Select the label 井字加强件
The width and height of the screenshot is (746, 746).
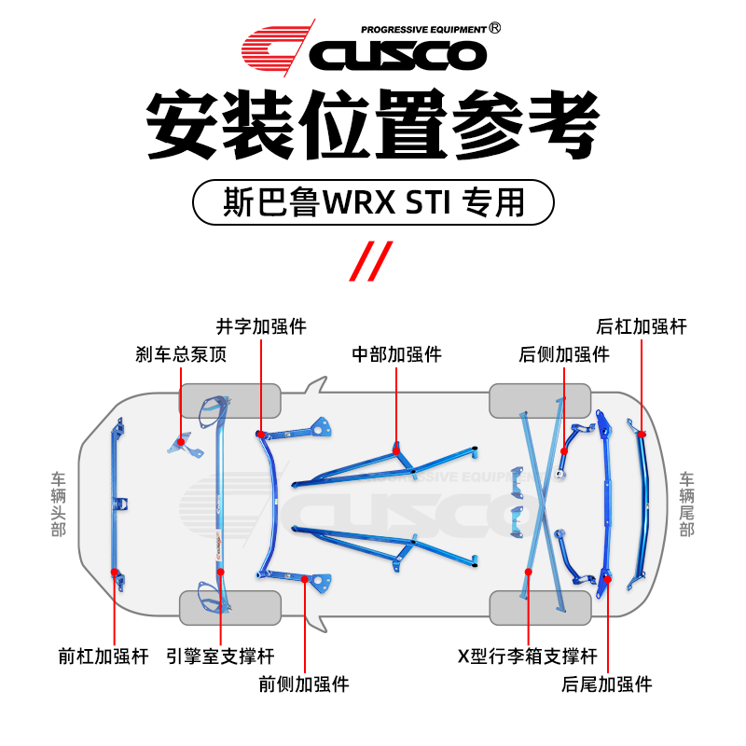261,326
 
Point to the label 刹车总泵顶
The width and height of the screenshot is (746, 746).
181,354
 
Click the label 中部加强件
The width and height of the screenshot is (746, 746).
396,354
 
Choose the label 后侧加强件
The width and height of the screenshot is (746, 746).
564,354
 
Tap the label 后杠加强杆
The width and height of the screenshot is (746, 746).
642,326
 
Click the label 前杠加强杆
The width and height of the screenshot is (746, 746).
103,656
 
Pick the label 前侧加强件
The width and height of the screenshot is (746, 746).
304,684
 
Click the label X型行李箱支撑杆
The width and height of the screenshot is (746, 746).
527,656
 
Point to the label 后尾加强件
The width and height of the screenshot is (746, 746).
607,684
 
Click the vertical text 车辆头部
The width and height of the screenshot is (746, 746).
59,504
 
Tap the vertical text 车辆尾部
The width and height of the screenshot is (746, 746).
687,504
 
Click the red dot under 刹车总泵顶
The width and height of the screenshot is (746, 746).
181,441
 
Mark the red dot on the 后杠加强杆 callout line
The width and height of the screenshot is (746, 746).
642,434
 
